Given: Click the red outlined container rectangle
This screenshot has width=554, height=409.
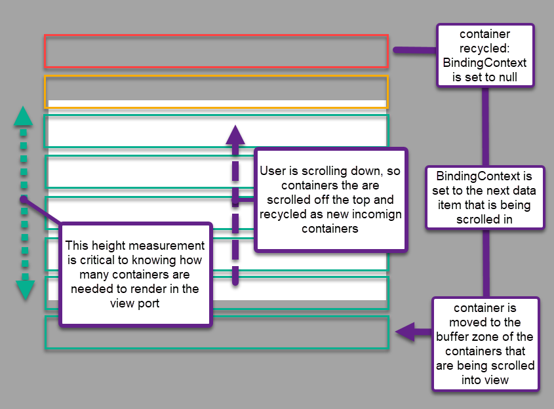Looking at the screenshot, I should click(x=216, y=51).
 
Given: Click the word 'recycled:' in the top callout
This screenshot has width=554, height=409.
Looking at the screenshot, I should click(x=486, y=48).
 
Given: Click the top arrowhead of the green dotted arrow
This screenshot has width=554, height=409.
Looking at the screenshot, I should click(x=23, y=116).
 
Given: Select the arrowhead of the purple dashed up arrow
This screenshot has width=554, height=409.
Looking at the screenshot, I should click(x=235, y=134).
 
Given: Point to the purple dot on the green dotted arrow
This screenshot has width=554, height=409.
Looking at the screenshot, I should click(x=23, y=199).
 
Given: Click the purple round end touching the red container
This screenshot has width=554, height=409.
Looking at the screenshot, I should click(x=396, y=50).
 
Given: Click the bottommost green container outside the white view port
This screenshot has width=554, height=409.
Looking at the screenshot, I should click(x=216, y=333).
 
